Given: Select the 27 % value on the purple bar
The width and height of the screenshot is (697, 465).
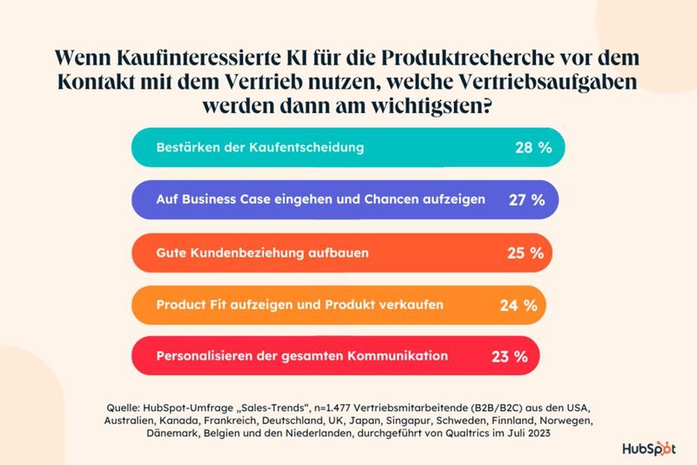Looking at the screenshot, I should (526, 199).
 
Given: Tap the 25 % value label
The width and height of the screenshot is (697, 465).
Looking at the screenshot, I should (525, 253).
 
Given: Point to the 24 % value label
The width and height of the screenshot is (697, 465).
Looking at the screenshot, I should (518, 306).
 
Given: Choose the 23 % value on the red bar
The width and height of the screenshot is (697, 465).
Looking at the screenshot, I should (509, 356).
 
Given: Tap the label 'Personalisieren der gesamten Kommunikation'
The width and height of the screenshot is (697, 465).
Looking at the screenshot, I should (301, 356).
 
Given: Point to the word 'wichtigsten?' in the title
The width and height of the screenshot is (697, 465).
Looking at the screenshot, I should (444, 110).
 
